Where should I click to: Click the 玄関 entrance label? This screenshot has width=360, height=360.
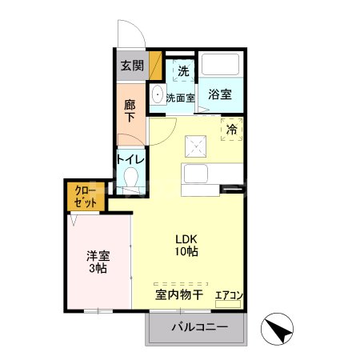[131, 66]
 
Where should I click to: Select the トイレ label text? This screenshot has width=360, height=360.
[131, 158]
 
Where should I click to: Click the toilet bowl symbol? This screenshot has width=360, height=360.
[131, 178]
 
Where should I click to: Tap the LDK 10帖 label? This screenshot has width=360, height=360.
[187, 245]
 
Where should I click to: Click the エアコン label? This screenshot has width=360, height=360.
[229, 295]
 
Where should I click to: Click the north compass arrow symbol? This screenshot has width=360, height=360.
[277, 328]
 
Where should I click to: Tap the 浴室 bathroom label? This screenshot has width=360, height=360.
[220, 94]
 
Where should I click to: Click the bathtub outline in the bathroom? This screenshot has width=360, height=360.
[221, 66]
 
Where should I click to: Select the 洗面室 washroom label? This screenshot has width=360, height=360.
[181, 98]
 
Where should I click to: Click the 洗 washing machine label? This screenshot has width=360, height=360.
[183, 70]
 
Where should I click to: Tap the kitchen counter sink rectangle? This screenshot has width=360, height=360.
[194, 173]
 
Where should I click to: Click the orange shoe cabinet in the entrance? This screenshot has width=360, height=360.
[154, 65]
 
